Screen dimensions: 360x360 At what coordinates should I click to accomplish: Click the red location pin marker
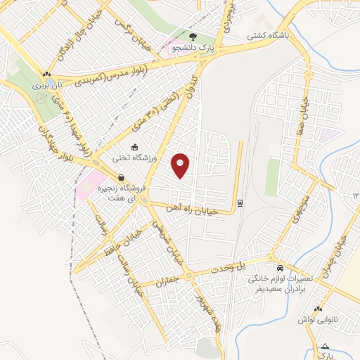pos(181,165)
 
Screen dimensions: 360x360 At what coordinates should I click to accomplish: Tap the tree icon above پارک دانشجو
pos(194,34)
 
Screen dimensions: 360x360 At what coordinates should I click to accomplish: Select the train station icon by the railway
pos(240,202)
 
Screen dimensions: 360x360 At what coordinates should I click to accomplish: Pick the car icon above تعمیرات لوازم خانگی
pos(281,269)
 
